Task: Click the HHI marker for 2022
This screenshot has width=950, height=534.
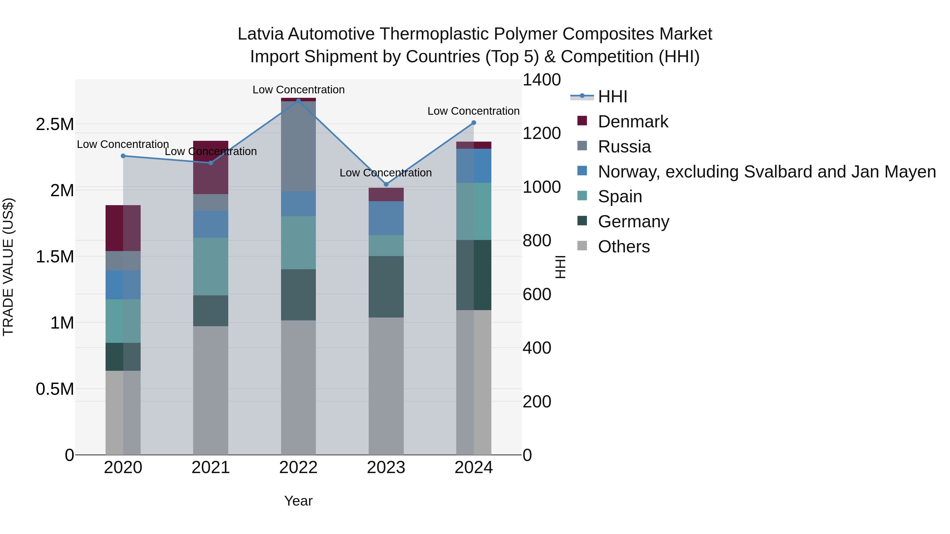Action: click(x=298, y=101)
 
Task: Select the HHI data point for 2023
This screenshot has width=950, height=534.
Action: click(x=386, y=184)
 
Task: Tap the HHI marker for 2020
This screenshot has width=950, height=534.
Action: click(x=123, y=156)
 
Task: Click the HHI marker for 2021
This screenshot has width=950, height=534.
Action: click(x=211, y=163)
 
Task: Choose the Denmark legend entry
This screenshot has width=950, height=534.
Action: click(x=633, y=122)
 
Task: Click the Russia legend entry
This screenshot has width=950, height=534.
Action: click(x=624, y=147)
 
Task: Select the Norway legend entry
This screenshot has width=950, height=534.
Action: click(x=766, y=172)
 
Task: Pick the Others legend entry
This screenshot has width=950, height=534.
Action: click(x=624, y=247)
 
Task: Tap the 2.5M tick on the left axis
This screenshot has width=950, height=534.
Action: click(x=55, y=124)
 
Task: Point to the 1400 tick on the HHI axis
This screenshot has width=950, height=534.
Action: click(x=541, y=80)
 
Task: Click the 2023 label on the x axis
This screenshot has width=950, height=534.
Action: click(x=386, y=468)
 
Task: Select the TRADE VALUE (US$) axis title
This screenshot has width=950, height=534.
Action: click(x=8, y=267)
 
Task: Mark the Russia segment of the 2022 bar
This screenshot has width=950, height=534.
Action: click(x=298, y=146)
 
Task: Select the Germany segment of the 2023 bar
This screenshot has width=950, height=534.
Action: click(x=386, y=287)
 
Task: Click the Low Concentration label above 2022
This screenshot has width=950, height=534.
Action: click(x=298, y=90)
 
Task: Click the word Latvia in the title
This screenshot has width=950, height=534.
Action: click(x=260, y=34)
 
